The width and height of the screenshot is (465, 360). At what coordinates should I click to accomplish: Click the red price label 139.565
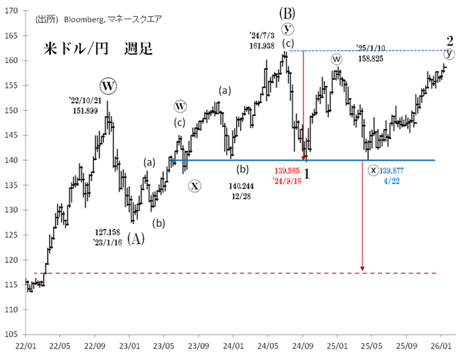coord(289,172)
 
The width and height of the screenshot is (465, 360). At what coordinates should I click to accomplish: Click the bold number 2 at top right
coord(448,39)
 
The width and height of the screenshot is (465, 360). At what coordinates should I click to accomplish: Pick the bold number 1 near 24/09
coord(306,174)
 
